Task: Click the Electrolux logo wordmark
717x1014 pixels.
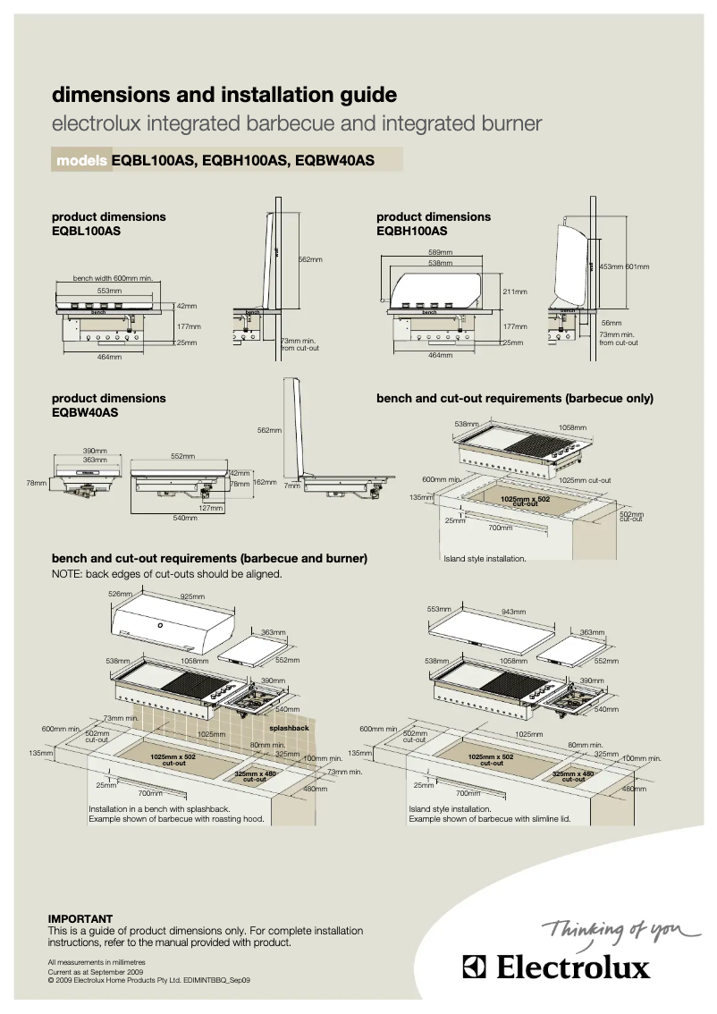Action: [x=555, y=968]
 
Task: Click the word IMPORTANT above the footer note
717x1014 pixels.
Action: [x=80, y=918]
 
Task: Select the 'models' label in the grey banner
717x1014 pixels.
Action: [x=82, y=161]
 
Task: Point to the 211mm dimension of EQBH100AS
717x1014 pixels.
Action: [x=514, y=292]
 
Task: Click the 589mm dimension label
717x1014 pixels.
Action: [x=440, y=252]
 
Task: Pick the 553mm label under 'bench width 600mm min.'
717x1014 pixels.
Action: [x=109, y=291]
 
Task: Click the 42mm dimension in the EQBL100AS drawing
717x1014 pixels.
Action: [x=186, y=306]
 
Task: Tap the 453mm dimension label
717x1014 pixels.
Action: [x=611, y=266]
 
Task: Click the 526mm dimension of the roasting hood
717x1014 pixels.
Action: [x=120, y=594]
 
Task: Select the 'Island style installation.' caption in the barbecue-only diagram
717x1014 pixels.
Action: [x=485, y=559]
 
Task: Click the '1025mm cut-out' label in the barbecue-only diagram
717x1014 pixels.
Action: [x=585, y=480]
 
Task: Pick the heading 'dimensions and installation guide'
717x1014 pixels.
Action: [x=224, y=95]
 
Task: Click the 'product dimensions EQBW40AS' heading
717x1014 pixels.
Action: [x=108, y=405]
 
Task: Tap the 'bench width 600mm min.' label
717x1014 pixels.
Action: [x=113, y=278]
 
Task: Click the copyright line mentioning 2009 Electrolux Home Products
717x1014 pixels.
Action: [x=149, y=979]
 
